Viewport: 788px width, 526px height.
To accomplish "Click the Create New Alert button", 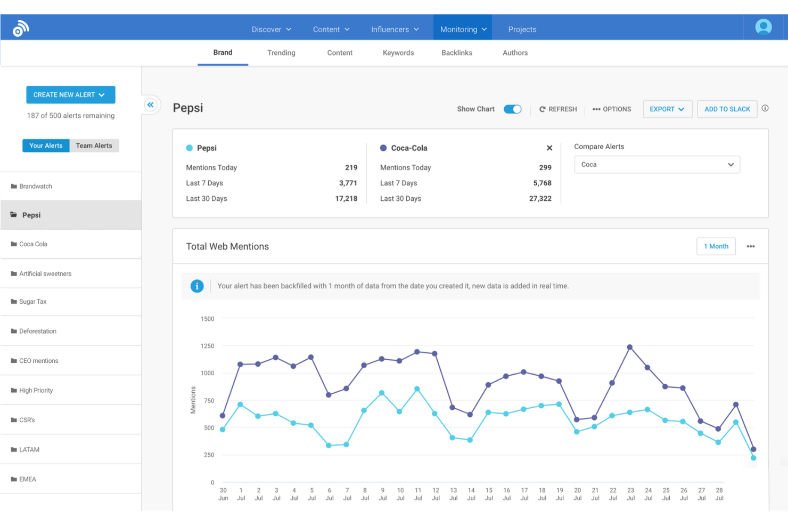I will point(70,95).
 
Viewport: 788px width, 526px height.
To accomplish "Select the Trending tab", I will point(281,53).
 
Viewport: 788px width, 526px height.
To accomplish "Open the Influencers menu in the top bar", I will point(395,29).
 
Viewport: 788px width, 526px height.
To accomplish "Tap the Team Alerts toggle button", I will point(94,145).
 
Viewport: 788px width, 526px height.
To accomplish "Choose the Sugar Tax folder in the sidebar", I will point(33,302).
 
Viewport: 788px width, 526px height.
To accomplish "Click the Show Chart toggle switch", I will point(512,109).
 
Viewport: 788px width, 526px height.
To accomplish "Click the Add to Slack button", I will point(727,109).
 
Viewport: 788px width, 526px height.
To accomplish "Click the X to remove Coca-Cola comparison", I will point(549,148).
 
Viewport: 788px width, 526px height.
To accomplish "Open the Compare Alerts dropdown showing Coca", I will point(656,165).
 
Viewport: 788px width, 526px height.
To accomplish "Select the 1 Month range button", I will point(716,246).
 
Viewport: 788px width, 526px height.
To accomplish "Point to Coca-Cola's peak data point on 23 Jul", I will point(630,347).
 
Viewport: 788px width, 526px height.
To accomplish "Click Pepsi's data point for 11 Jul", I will point(417,389).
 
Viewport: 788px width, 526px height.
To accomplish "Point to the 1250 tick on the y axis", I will point(207,346).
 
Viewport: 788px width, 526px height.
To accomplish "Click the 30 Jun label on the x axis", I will point(223,494).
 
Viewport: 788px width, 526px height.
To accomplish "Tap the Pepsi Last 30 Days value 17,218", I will point(346,199).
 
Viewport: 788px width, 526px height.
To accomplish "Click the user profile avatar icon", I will point(763,27).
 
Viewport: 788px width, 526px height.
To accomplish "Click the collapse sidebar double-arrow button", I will point(151,105).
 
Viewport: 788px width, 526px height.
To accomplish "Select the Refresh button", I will point(557,109).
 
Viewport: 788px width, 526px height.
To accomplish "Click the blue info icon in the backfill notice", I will point(197,286).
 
